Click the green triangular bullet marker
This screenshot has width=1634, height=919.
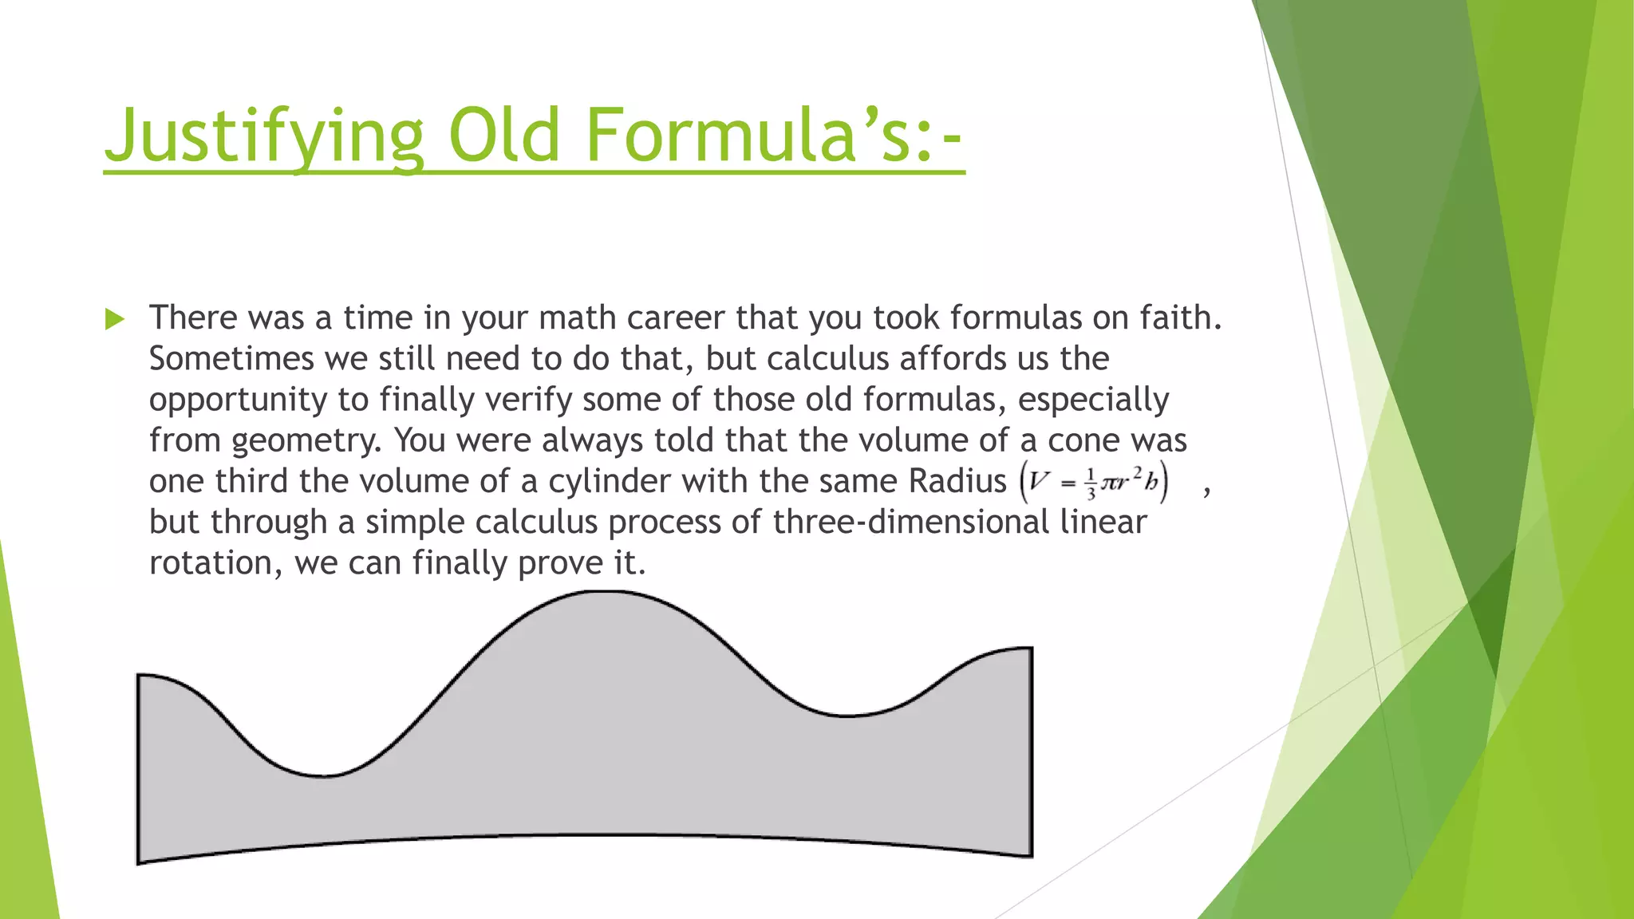click(x=115, y=320)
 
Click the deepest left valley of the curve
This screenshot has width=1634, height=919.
click(x=323, y=775)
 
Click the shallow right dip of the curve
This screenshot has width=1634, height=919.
click(x=846, y=715)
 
